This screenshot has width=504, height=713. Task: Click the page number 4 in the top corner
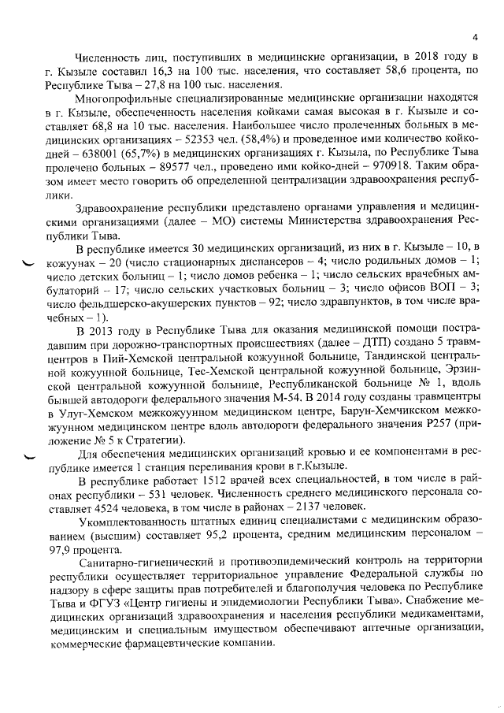475,35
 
